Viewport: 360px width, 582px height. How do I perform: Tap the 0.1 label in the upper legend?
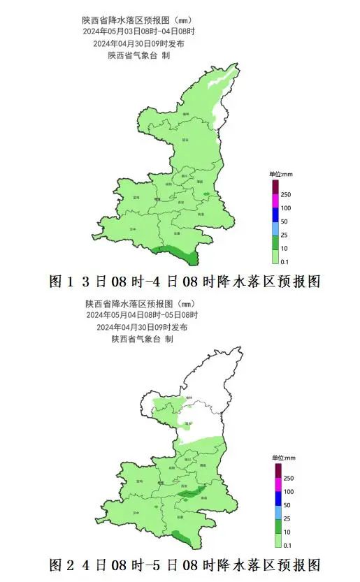click(285, 261)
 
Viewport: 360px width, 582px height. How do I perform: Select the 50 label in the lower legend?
click(285, 505)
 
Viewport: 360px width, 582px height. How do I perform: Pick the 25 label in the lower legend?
click(285, 518)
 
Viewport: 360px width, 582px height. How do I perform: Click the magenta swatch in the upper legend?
click(275, 201)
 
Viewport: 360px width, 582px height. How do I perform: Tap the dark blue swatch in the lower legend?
click(276, 498)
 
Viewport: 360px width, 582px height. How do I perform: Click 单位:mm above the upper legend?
click(280, 173)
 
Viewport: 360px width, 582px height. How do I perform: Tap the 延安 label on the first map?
click(185, 140)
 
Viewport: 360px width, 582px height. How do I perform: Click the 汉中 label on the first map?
click(133, 228)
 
